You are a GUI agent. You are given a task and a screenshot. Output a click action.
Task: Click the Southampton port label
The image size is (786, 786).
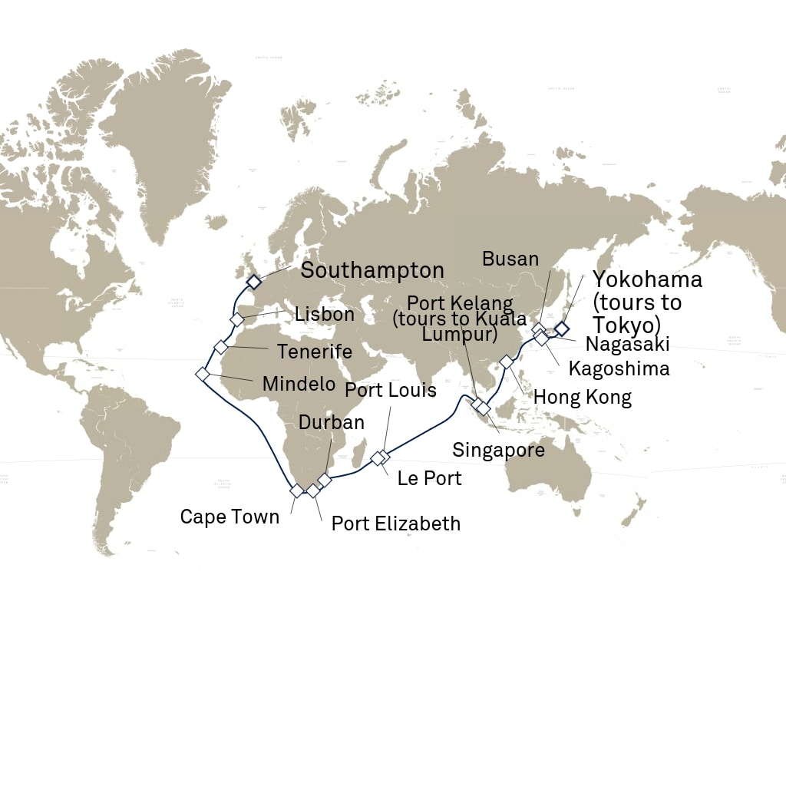pyautogui.click(x=372, y=270)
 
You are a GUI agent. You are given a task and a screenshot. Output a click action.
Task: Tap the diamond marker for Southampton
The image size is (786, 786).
pyautogui.click(x=253, y=282)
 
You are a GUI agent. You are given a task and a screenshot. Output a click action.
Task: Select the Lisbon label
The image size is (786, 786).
pyautogui.click(x=324, y=314)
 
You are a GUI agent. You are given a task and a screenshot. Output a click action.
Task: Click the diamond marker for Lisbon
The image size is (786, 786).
pyautogui.click(x=237, y=319)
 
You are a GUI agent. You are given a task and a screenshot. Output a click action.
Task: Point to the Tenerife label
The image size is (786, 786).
pyautogui.click(x=314, y=352)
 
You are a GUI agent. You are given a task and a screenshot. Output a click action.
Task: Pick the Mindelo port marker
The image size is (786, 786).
pyautogui.click(x=203, y=374)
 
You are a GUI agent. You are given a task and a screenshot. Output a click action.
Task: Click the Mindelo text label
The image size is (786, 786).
pyautogui.click(x=299, y=384)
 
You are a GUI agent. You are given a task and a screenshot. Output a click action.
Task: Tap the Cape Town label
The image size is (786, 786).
pyautogui.click(x=230, y=517)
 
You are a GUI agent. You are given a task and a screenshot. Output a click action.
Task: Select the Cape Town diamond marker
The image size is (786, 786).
pyautogui.click(x=296, y=490)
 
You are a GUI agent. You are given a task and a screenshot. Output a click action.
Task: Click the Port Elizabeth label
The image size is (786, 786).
pyautogui.click(x=395, y=523)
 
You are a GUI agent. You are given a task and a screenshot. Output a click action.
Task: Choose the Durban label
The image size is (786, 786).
pyautogui.click(x=331, y=422)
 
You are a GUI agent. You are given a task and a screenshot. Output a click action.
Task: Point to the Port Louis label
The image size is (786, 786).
pyautogui.click(x=390, y=390)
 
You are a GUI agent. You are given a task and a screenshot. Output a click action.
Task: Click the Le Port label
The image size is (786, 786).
pyautogui.click(x=429, y=478)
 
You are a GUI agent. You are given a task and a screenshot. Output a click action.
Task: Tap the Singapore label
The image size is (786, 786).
pyautogui.click(x=498, y=450)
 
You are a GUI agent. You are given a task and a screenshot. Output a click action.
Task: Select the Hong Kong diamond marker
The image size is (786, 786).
pyautogui.click(x=507, y=362)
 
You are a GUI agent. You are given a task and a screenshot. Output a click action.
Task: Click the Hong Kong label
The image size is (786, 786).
pyautogui.click(x=582, y=397)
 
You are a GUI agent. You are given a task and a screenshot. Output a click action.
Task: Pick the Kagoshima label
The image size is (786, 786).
pyautogui.click(x=619, y=368)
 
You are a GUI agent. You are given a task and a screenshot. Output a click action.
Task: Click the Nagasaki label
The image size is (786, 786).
pyautogui.click(x=627, y=343)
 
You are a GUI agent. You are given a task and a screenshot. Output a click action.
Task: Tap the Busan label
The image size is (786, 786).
pyautogui.click(x=510, y=259)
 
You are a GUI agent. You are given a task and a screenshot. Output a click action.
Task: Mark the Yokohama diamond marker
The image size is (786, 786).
pyautogui.click(x=561, y=329)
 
